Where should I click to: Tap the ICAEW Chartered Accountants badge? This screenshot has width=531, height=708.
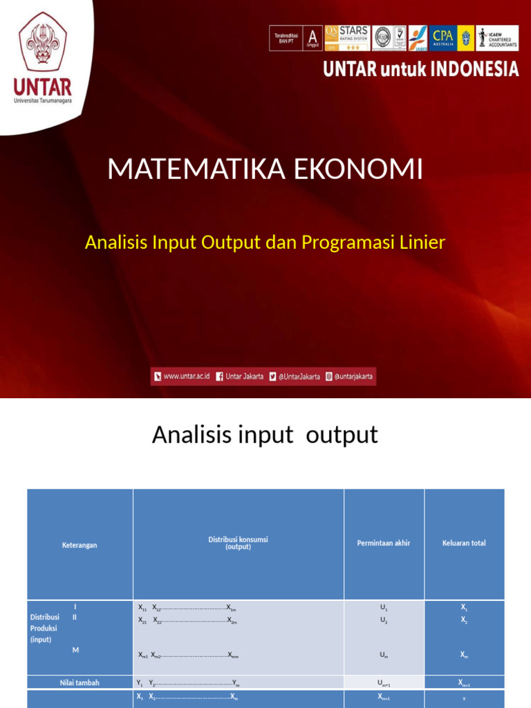point(496,38)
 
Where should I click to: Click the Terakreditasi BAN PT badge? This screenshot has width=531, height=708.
point(286,38)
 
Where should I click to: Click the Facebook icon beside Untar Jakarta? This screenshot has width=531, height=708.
point(219,377)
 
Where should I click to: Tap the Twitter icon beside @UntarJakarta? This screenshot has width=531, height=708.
point(273,377)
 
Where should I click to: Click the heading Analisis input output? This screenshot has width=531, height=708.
point(265,435)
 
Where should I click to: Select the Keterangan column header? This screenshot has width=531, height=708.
point(80,545)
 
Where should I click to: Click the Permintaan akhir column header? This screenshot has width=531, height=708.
point(384,543)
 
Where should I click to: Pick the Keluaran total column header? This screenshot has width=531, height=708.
point(464,543)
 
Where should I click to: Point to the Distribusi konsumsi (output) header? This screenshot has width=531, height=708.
point(238,543)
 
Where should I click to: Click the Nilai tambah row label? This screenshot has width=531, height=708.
point(80,682)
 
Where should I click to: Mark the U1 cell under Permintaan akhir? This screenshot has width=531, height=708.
point(384,607)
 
